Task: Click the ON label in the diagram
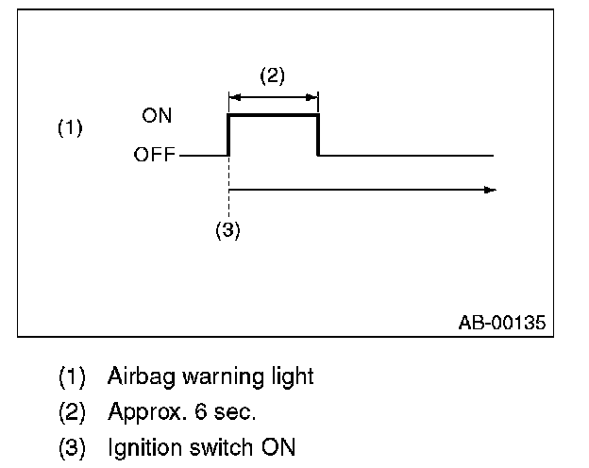pos(157,116)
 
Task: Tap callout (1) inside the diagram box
pos(71,128)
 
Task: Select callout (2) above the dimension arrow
pos(272,76)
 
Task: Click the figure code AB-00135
pos(501,323)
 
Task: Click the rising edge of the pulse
pos(228,135)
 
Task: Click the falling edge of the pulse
pos(317,135)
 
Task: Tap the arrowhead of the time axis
pos(490,190)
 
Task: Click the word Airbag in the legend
pos(135,376)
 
